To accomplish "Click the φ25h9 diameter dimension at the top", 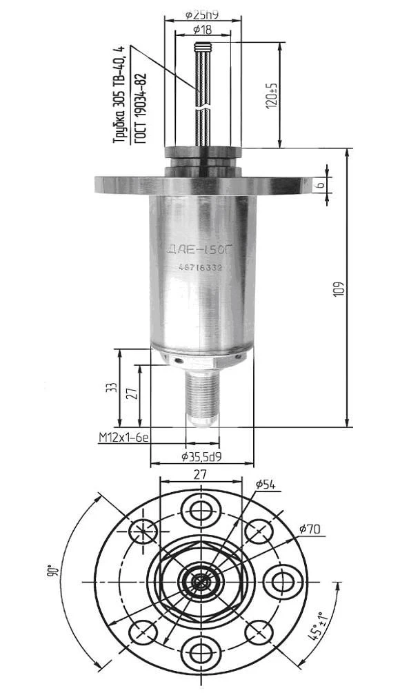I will [x=203, y=14].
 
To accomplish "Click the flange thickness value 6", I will [x=319, y=186].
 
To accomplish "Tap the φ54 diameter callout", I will [x=265, y=485].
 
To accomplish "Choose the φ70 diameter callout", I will [x=310, y=529].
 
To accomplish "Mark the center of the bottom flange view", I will [x=202, y=580].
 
